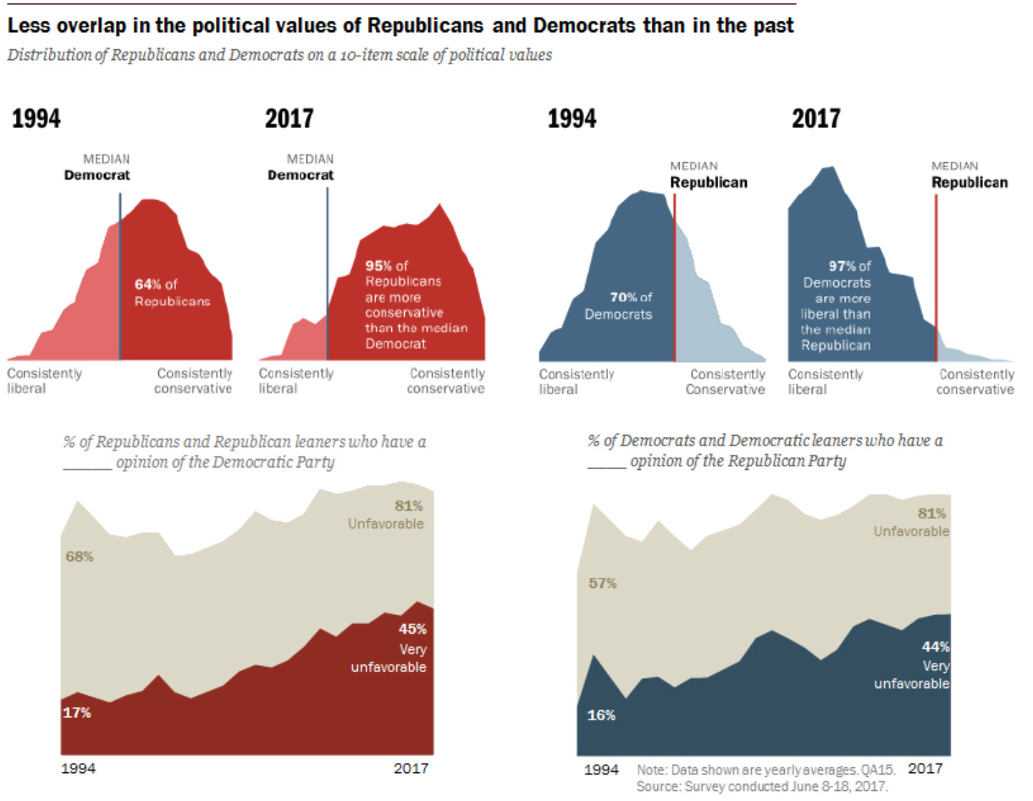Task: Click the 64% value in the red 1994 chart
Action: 147,285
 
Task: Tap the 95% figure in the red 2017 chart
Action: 379,266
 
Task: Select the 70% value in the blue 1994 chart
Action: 623,297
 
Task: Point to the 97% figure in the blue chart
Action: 842,266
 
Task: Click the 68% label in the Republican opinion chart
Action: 79,556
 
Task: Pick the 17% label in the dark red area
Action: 77,712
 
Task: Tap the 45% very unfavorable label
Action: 412,629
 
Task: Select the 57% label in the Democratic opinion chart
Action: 602,583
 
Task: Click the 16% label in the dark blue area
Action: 601,714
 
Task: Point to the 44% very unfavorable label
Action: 935,647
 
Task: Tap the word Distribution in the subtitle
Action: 49,55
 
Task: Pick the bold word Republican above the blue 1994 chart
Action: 708,182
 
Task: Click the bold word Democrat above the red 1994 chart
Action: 97,175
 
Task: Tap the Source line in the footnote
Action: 762,787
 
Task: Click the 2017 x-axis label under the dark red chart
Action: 411,768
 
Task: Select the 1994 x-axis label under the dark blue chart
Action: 601,770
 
